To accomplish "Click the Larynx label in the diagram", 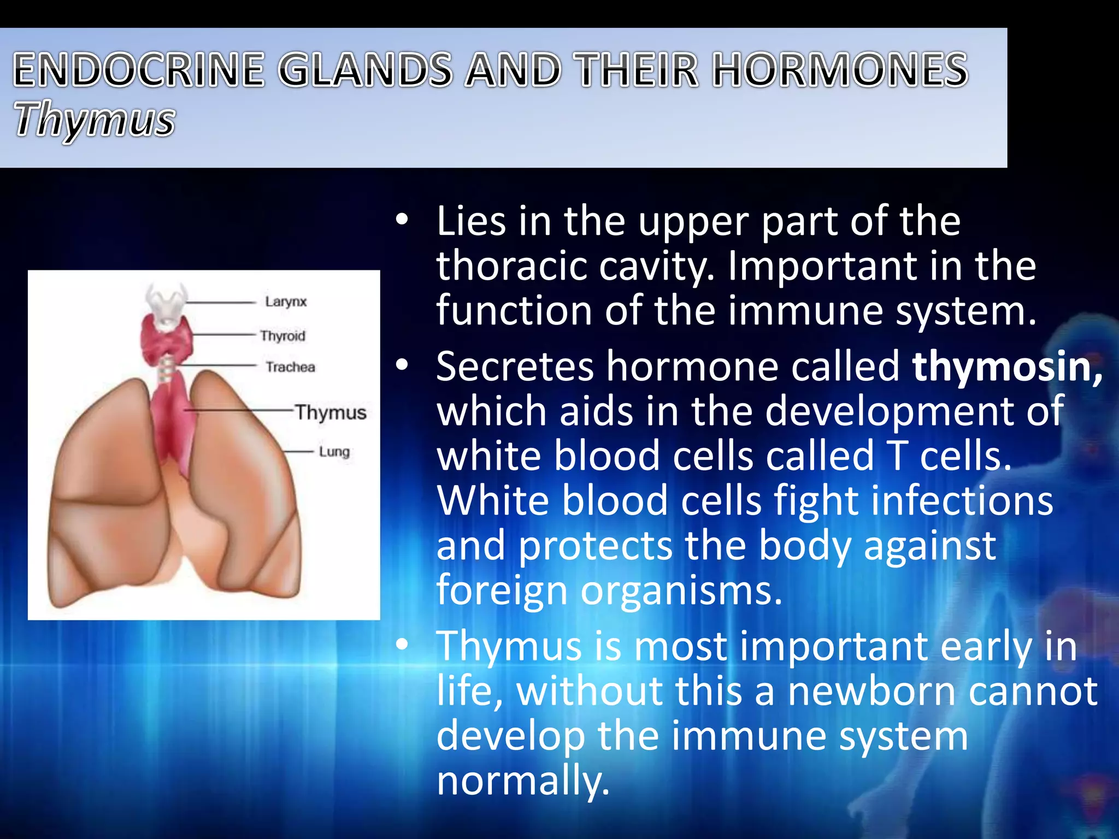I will click(286, 302).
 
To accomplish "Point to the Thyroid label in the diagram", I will click(282, 335).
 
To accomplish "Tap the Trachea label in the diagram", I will click(290, 367).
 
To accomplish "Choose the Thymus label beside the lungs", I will click(331, 412).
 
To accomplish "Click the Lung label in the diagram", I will click(334, 452).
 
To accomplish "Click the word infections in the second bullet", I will click(961, 501).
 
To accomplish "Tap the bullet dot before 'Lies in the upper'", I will click(402, 221).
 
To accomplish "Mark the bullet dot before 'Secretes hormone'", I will click(402, 367).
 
